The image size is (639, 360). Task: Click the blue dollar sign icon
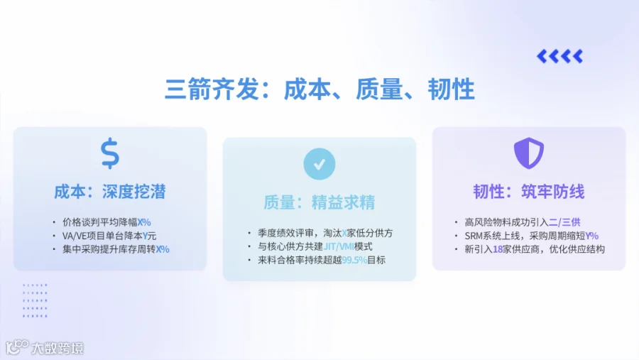(110, 153)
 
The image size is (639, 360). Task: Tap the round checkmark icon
(319, 164)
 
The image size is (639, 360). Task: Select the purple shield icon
(528, 153)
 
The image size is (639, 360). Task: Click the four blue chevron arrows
(559, 56)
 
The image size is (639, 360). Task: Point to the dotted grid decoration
(35, 300)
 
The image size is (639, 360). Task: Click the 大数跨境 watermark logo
(45, 348)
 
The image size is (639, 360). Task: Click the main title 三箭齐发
(212, 89)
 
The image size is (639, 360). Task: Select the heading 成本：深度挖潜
(110, 192)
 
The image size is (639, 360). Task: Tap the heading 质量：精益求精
(319, 202)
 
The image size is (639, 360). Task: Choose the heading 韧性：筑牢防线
(528, 192)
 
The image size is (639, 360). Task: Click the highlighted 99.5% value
(354, 260)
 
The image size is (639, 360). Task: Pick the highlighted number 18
(498, 249)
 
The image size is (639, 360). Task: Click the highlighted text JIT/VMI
(338, 246)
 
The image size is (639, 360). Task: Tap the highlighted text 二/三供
(564, 222)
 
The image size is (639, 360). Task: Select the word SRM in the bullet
(474, 236)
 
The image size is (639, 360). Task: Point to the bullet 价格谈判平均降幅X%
(106, 222)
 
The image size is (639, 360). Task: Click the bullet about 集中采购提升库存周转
(116, 249)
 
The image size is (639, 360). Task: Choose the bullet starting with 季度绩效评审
(325, 233)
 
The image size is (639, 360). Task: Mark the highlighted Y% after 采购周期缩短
(591, 236)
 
